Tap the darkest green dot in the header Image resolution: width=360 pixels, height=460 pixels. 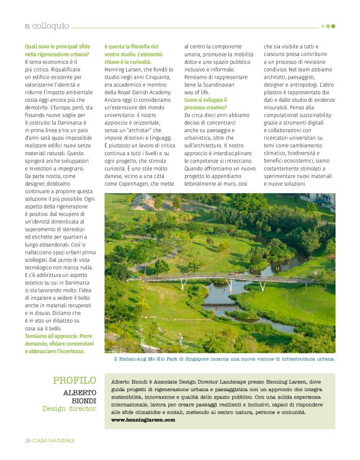click(x=333, y=26)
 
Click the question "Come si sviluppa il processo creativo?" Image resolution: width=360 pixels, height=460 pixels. click(x=205, y=104)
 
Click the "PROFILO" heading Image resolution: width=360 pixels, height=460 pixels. click(x=74, y=380)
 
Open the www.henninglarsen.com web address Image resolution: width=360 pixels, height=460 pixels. click(x=143, y=420)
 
